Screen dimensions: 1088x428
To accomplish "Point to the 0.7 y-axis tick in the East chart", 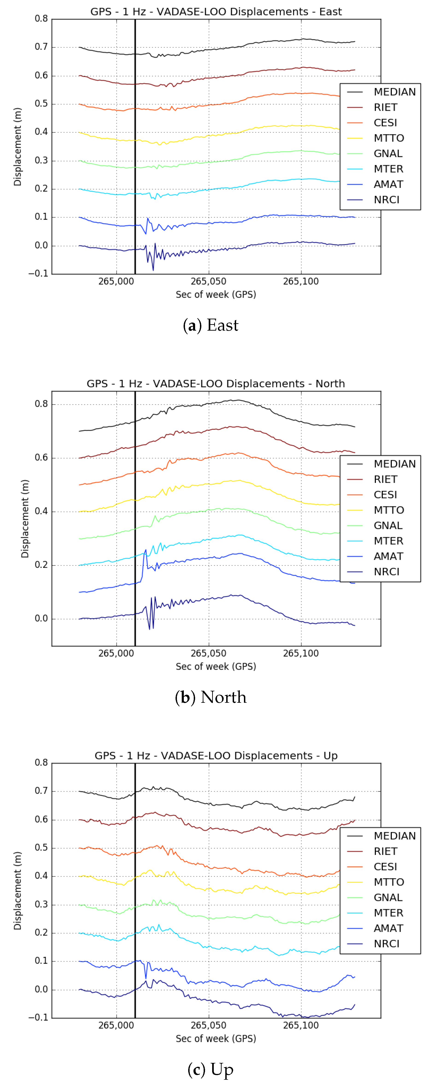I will [x=41, y=47].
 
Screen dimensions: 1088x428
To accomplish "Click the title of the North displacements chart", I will [x=216, y=383].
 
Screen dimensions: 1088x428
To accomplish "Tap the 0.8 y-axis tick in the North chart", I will [x=41, y=404].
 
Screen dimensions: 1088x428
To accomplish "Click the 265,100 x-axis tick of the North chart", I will [x=301, y=653].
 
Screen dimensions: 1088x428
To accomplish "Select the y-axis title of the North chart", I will [x=25, y=519].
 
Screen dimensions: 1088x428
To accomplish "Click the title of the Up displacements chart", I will [x=216, y=756].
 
